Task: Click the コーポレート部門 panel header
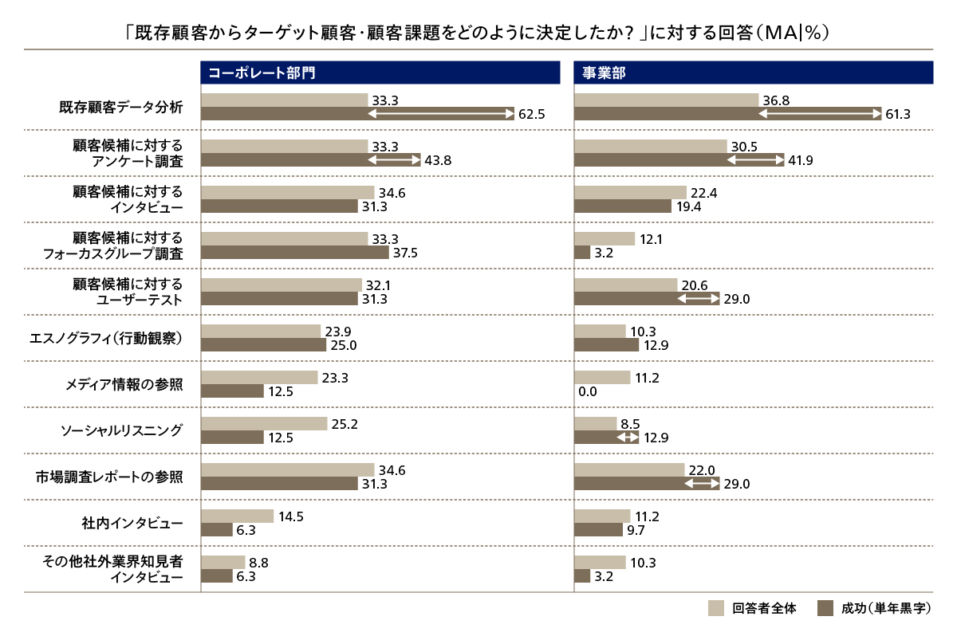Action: (380, 73)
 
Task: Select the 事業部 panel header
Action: (753, 73)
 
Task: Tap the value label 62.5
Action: (531, 115)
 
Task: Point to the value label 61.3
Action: (898, 115)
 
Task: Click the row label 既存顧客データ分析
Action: (122, 107)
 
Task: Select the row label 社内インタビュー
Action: (132, 523)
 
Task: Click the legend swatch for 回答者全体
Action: (716, 609)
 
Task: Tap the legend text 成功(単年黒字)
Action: (885, 609)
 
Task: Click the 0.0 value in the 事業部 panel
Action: (586, 391)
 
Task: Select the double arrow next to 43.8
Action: (393, 160)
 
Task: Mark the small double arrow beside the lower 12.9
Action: (628, 438)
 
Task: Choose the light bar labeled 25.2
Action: (264, 423)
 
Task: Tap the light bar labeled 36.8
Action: (666, 100)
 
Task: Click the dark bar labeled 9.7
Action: (598, 530)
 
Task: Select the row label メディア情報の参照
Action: (124, 384)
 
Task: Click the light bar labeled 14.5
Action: (237, 516)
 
